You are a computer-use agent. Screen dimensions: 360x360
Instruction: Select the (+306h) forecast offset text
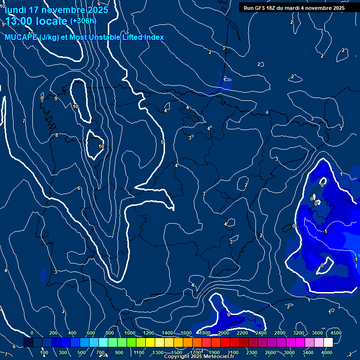pyautogui.click(x=83, y=21)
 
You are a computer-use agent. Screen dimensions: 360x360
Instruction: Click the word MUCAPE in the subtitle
pyautogui.click(x=22, y=37)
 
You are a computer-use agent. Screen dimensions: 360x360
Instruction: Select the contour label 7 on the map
pyautogui.click(x=24, y=121)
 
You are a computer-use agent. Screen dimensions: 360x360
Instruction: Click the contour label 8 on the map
pyautogui.click(x=57, y=135)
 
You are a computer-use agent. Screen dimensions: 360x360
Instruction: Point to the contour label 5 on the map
pyautogui.click(x=162, y=142)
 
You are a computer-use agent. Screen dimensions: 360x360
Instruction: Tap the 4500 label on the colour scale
pyautogui.click(x=336, y=333)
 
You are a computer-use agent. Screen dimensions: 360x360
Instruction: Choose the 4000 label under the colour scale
pyautogui.click(x=327, y=352)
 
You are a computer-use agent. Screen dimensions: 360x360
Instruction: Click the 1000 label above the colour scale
pyautogui.click(x=130, y=333)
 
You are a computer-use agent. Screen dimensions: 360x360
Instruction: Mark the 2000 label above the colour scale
pyautogui.click(x=224, y=333)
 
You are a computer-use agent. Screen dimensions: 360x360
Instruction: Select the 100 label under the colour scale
pyautogui.click(x=44, y=352)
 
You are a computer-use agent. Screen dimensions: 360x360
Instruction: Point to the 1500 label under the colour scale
pyautogui.click(x=177, y=352)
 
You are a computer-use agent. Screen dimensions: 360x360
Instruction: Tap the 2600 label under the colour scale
pyautogui.click(x=270, y=352)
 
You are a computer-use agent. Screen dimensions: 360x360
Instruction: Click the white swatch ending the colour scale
pyautogui.click(x=328, y=343)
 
